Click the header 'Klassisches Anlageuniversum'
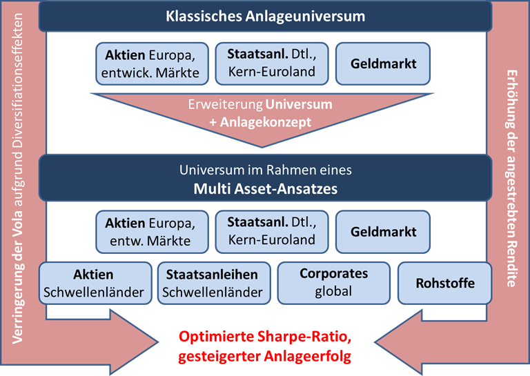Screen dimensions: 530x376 [265, 17]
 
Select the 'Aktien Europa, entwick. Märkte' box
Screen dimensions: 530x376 [152, 63]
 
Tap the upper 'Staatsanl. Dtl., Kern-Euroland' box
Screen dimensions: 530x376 [272, 63]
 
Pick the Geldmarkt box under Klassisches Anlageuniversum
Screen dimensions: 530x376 [383, 63]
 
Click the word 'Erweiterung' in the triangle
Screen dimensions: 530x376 [226, 104]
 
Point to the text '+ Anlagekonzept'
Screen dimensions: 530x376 [260, 122]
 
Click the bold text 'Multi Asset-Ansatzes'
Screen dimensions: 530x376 [265, 188]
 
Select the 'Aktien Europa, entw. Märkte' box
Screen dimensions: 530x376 [152, 232]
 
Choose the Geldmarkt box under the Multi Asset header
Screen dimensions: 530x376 [383, 232]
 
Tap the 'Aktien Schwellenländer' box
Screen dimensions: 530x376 [95, 283]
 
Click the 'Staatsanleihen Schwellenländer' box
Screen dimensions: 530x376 [214, 283]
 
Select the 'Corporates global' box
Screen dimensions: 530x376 [334, 283]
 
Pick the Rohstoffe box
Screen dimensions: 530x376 [445, 283]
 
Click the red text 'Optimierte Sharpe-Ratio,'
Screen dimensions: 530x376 [265, 337]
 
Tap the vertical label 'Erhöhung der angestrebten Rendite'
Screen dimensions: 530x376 [512, 179]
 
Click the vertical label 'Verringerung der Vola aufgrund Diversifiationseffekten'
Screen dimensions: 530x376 [17, 179]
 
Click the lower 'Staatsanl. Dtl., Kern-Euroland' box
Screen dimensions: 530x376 [272, 232]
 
